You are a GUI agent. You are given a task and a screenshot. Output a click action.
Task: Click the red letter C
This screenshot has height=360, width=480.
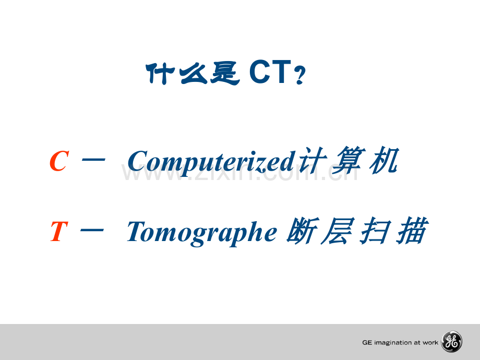pyautogui.click(x=59, y=161)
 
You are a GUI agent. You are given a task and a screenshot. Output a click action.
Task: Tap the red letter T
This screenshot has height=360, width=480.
pyautogui.click(x=58, y=231)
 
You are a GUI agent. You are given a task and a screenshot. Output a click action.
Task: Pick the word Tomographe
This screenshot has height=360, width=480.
pyautogui.click(x=202, y=233)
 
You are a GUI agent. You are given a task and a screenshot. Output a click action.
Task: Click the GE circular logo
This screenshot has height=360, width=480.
pyautogui.click(x=451, y=342)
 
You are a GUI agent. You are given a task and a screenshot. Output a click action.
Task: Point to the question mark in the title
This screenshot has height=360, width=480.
pyautogui.click(x=299, y=75)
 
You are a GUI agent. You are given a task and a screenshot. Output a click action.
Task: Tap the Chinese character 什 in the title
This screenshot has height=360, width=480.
pyautogui.click(x=160, y=73)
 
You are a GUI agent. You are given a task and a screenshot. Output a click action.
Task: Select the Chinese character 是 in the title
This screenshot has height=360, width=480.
pyautogui.click(x=225, y=73)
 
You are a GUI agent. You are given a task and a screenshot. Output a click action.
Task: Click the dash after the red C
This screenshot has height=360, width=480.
pyautogui.click(x=94, y=160)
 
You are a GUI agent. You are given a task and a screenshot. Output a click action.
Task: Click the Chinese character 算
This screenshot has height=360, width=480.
pyautogui.click(x=349, y=160)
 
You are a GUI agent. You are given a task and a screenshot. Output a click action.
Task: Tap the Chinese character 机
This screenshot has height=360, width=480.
pyautogui.click(x=384, y=160)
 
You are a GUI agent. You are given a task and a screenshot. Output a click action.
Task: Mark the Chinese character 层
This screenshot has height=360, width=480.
pyautogui.click(x=338, y=231)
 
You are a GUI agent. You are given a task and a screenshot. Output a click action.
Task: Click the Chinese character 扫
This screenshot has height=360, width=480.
pyautogui.click(x=376, y=231)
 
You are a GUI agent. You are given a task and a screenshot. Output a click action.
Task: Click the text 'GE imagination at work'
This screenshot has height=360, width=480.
pyautogui.click(x=400, y=343)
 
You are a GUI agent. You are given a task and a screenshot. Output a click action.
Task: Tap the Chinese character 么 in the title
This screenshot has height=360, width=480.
pyautogui.click(x=193, y=73)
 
